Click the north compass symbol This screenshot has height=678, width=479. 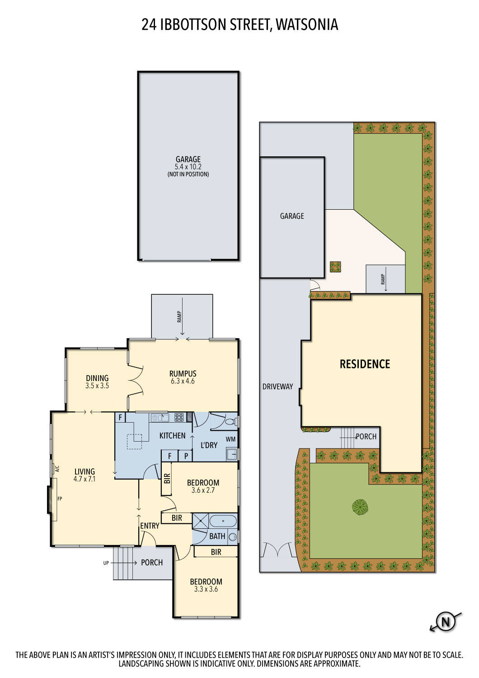[446, 621]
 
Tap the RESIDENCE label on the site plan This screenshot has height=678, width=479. [365, 364]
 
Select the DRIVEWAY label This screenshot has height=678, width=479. [277, 386]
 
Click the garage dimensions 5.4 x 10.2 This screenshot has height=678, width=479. [188, 167]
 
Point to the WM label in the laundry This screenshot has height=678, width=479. [230, 439]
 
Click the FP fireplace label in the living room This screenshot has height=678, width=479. [60, 499]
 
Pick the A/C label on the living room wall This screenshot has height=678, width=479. [57, 469]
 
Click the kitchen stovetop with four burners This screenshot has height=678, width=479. [179, 418]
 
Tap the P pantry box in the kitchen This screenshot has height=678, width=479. [185, 456]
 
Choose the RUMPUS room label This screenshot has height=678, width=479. [183, 374]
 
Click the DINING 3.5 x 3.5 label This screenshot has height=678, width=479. [97, 381]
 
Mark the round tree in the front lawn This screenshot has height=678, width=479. [360, 507]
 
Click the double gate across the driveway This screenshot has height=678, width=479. [277, 550]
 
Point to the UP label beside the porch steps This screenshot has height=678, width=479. [106, 563]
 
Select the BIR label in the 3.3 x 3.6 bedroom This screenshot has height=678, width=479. [216, 552]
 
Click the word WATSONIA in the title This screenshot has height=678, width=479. [307, 24]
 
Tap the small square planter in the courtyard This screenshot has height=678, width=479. [335, 267]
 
